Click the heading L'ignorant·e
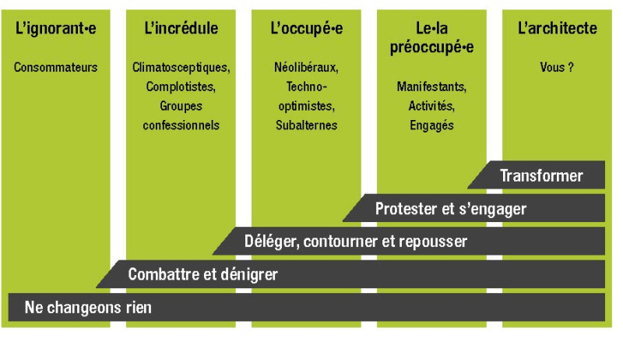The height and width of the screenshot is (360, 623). point(55,29)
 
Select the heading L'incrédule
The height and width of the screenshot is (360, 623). point(181,28)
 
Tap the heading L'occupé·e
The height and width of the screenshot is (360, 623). point(306,29)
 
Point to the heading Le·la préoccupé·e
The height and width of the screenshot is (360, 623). point(431,37)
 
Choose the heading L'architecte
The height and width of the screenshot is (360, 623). point(557,28)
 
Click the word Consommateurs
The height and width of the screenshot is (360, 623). point(55,67)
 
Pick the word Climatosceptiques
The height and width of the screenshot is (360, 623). point(181,68)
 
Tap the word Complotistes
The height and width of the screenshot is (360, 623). point(181,86)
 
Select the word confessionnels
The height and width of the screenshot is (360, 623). point(181,125)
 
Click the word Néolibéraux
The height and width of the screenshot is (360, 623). point(306,68)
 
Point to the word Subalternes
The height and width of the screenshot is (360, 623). point(306,125)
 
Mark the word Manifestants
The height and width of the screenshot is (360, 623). point(431,86)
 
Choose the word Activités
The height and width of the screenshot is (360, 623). point(431,106)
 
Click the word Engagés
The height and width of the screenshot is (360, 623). point(431,125)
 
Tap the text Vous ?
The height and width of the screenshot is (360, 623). point(557,67)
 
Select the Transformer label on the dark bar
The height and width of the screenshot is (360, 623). point(541,175)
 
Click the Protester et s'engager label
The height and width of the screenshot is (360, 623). point(451,209)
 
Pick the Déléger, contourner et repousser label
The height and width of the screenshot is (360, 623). point(356,242)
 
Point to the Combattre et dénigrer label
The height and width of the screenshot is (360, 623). point(202,274)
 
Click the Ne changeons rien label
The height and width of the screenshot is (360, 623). point(88,308)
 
